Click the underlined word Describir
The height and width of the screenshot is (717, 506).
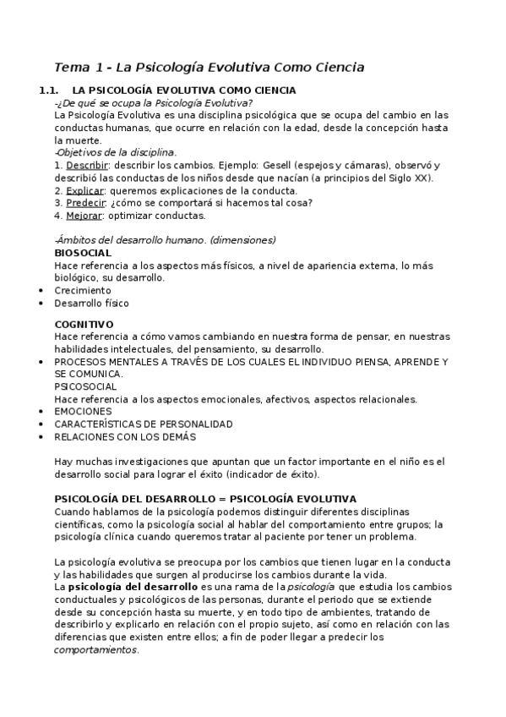coord(86,166)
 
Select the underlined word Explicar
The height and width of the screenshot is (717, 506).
coord(84,191)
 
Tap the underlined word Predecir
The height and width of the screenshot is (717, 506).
coord(85,203)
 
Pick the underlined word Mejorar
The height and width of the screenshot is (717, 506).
coord(84,216)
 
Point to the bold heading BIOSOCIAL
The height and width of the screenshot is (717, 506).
coord(83,253)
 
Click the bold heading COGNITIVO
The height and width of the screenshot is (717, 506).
coord(84,325)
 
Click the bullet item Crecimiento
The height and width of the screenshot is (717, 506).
coord(82,290)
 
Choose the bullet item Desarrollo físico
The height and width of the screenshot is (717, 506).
coord(92,303)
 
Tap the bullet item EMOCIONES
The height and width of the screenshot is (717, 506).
coord(83,411)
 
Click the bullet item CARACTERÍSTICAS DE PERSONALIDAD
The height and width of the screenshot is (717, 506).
coord(143,424)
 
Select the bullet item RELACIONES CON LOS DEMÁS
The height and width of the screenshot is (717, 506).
coord(124,436)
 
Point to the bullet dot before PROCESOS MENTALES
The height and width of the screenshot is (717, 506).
coord(42,362)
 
